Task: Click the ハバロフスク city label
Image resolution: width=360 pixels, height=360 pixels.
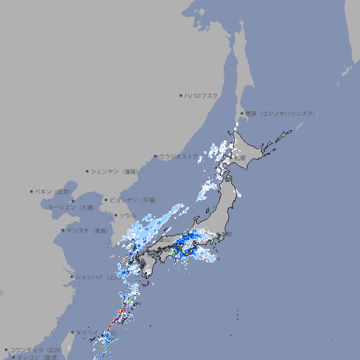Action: (x=201, y=95)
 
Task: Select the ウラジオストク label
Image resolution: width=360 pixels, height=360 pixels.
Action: (x=178, y=157)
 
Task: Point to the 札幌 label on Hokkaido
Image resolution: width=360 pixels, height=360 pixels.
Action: (x=240, y=158)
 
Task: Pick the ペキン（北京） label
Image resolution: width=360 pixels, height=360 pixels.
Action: (x=53, y=191)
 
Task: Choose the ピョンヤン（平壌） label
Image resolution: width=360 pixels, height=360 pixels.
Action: (x=134, y=200)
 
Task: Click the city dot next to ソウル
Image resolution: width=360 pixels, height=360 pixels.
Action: (x=114, y=216)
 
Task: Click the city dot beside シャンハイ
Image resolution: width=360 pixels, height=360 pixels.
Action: (x=72, y=276)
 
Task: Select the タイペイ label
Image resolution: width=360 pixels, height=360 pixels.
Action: (x=86, y=332)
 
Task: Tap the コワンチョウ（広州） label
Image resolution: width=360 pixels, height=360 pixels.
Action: (x=36, y=349)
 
